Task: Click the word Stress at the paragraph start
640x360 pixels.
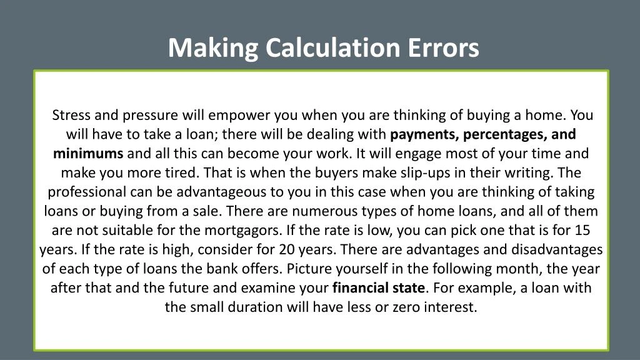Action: pos(71,115)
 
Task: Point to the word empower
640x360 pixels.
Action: pos(241,115)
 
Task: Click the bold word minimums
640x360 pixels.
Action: pos(88,153)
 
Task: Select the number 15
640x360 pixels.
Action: pos(582,230)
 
